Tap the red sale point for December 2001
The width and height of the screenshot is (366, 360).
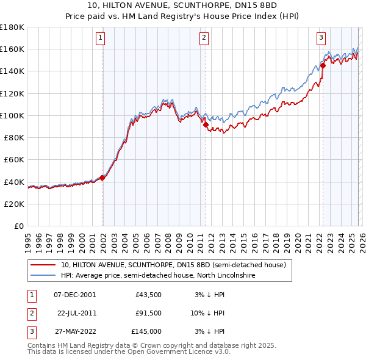click(x=102, y=178)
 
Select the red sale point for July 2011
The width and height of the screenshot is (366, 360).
click(x=206, y=124)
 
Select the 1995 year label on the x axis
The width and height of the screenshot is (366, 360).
click(x=27, y=237)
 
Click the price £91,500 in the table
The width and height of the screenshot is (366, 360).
click(x=148, y=313)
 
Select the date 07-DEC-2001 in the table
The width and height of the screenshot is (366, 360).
click(x=74, y=295)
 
